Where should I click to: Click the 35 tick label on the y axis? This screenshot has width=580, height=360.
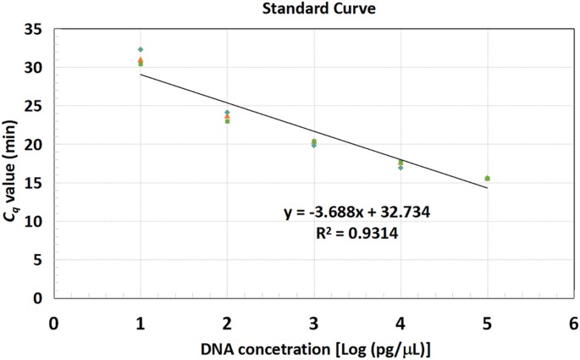[x=34, y=29]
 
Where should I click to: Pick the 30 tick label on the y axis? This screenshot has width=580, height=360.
[x=34, y=67]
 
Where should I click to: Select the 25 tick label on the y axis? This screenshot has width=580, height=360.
[x=34, y=106]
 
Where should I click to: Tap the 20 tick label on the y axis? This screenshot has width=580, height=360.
[x=34, y=144]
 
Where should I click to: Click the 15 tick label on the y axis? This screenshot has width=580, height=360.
[x=34, y=183]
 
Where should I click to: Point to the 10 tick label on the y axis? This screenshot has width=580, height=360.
[x=34, y=221]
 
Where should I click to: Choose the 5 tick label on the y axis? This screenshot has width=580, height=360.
[x=38, y=260]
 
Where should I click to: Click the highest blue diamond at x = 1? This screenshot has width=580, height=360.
[x=141, y=49]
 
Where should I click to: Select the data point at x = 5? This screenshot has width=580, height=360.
[x=487, y=178]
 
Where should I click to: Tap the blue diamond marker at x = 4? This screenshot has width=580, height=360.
[x=400, y=168]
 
